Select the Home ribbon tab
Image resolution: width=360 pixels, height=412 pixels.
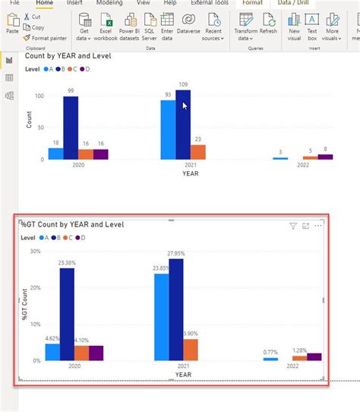pos(45,3)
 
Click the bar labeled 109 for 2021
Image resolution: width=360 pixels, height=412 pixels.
pos(183,125)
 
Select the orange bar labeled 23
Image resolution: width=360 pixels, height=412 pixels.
pos(198,152)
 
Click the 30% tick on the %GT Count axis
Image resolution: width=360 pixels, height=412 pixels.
pos(36,251)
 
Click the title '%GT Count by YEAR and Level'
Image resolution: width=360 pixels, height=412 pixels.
pos(72,224)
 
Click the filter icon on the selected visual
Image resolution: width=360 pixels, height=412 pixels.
pos(293,226)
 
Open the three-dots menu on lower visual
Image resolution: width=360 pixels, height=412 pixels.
pos(318,226)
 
